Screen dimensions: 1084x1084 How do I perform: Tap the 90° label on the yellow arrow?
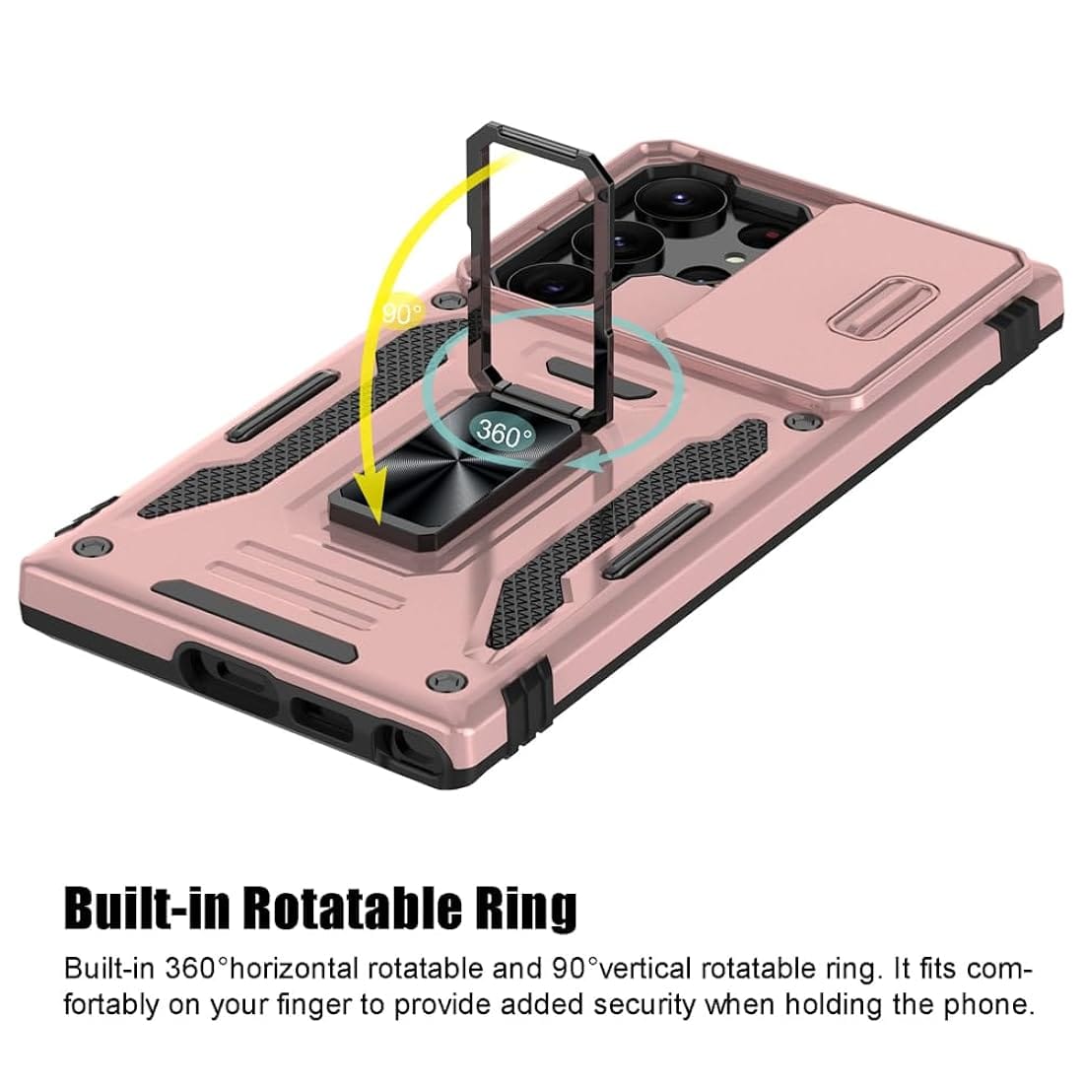[402, 312]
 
